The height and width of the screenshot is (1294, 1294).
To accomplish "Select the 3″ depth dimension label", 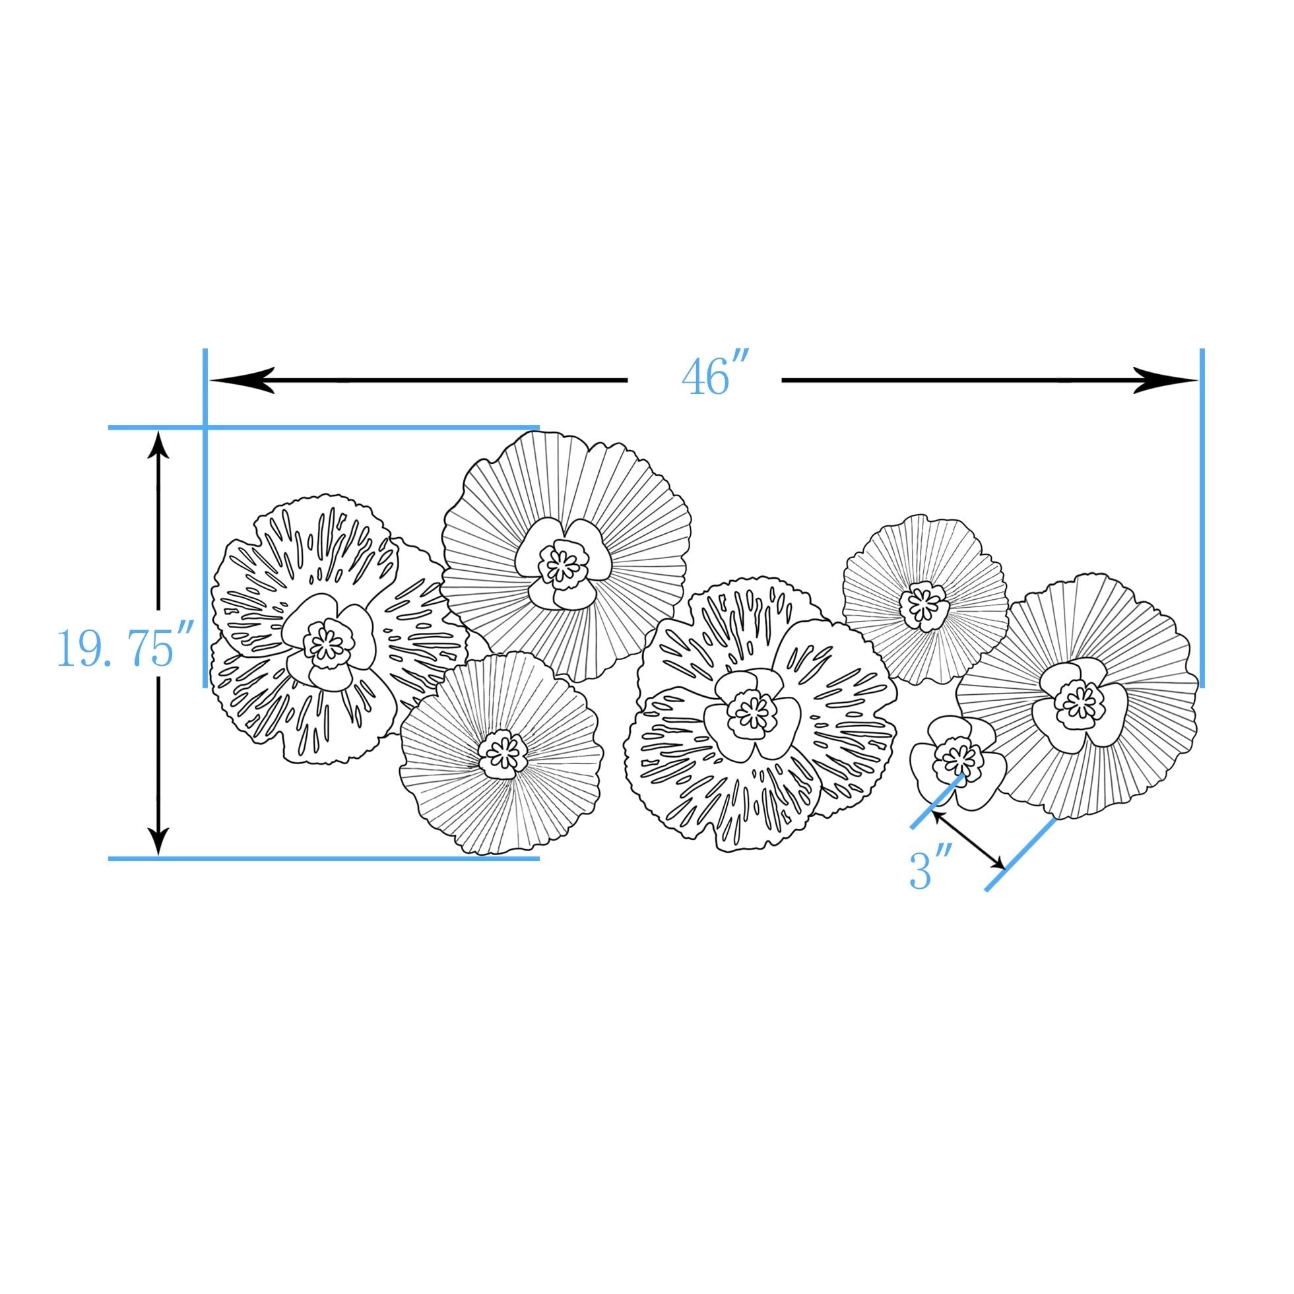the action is tap(931, 872).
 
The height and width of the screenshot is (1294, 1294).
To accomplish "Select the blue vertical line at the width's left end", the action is tap(205, 518).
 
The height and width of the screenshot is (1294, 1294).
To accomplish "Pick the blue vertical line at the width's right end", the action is tap(1202, 518).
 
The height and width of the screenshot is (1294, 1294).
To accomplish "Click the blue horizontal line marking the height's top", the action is tap(324, 428).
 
